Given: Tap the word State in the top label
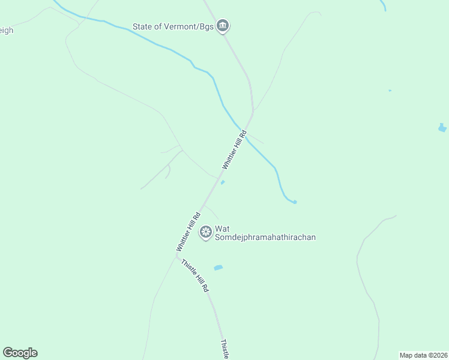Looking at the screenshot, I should point(144,26).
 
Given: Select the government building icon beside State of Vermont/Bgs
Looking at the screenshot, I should point(223,25).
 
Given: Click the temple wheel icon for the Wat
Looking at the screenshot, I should point(206,232).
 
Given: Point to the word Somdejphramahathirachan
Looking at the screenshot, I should point(265,237).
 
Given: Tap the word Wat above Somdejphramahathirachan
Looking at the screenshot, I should point(223,229).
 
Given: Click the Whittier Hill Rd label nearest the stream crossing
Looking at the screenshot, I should point(234,150).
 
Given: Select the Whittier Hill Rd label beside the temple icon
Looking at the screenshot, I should point(189,232).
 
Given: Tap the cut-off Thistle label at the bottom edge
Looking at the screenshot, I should point(224,350).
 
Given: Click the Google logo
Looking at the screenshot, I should point(20,353).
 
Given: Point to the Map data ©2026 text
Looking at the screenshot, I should point(423,355).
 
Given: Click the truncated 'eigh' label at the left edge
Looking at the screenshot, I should point(6,30).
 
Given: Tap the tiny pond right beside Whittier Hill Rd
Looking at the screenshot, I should point(223,183).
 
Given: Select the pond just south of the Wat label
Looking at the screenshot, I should point(218,268).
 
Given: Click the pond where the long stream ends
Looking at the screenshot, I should point(294,202).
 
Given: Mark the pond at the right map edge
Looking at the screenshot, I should point(442,128).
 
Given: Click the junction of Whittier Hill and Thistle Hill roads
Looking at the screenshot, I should point(178,257).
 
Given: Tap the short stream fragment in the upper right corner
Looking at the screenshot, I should point(383,5).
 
